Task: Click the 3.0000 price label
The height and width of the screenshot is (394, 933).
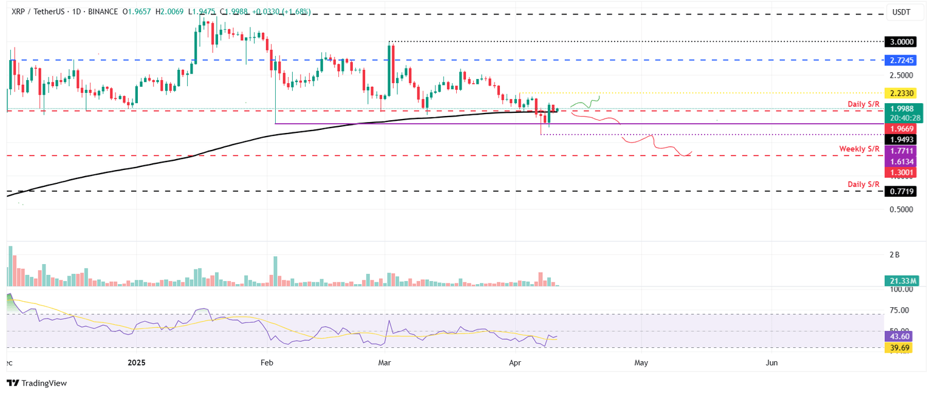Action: [901, 42]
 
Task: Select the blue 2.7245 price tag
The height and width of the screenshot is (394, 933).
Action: [901, 61]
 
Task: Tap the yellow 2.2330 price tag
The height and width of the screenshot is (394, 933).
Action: [901, 93]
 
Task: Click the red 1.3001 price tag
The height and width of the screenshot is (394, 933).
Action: [901, 172]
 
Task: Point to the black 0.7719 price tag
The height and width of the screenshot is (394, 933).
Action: [901, 191]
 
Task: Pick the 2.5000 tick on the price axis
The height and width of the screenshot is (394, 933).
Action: [901, 75]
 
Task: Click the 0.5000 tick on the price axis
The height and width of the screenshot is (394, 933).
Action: [901, 209]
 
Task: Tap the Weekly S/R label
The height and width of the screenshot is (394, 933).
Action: [860, 149]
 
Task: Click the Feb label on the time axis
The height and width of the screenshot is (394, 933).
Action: [266, 363]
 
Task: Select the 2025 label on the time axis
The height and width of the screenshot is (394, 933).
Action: [136, 363]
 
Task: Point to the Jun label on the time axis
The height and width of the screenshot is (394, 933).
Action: [771, 363]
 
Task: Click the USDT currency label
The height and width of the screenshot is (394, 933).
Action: [901, 12]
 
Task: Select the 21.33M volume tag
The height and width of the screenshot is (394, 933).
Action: [901, 280]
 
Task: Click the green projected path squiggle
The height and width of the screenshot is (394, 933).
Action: [584, 103]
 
